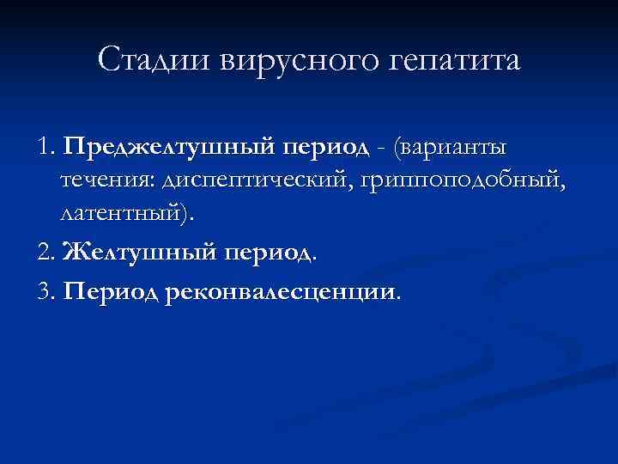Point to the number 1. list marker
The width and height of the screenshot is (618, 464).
[x=46, y=146]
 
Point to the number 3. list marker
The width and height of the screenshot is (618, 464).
[x=47, y=291]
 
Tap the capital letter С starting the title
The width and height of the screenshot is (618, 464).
[x=109, y=60]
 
